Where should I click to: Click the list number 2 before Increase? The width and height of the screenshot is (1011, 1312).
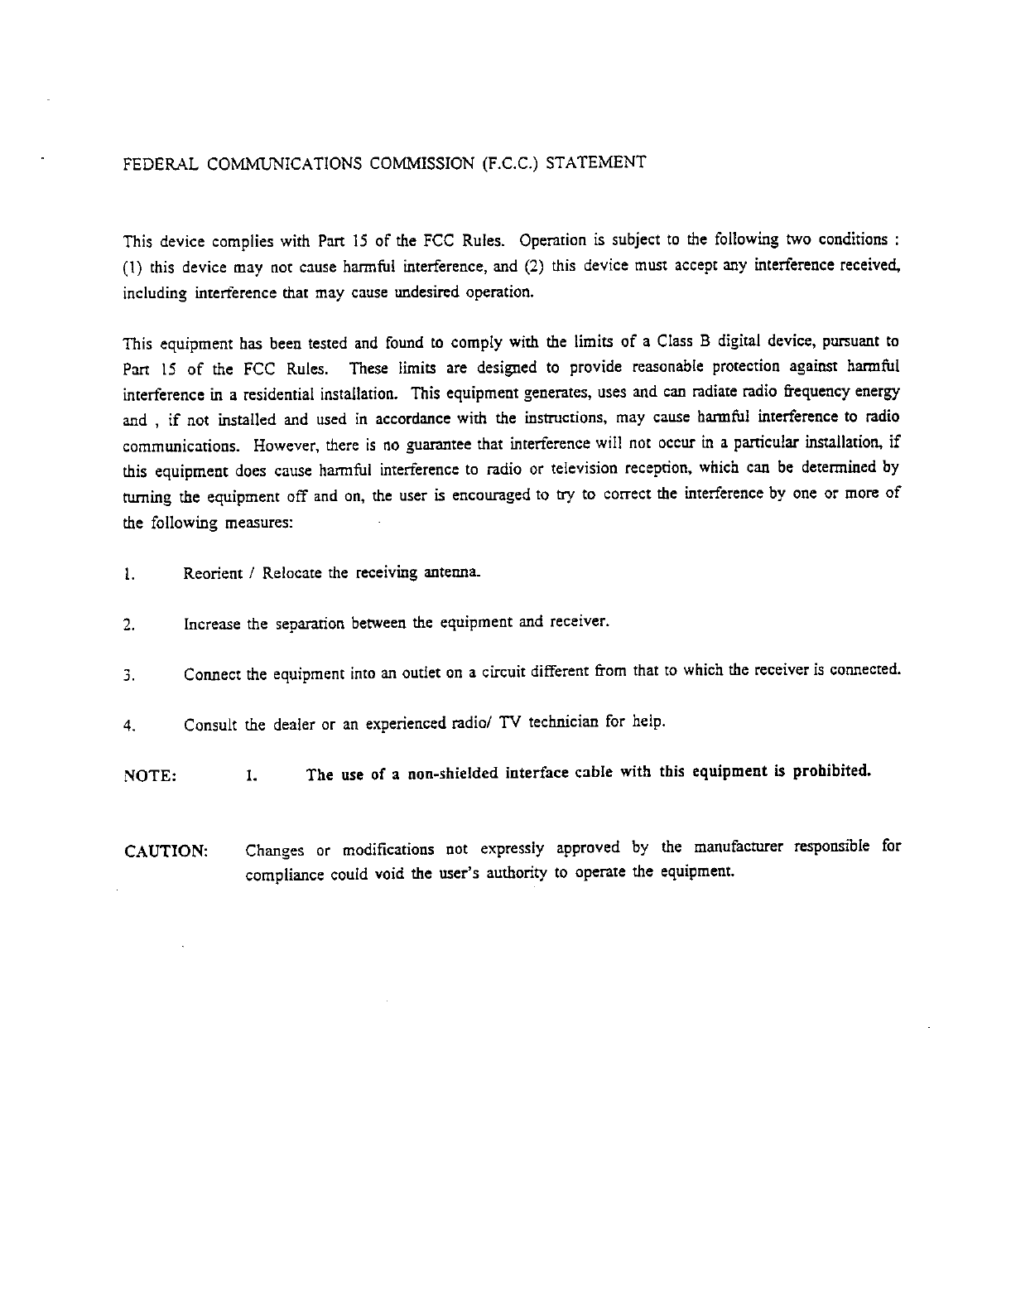pyautogui.click(x=127, y=625)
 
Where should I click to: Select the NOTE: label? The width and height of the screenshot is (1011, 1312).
pyautogui.click(x=149, y=776)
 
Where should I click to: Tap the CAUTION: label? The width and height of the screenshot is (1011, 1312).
pyautogui.click(x=166, y=851)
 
